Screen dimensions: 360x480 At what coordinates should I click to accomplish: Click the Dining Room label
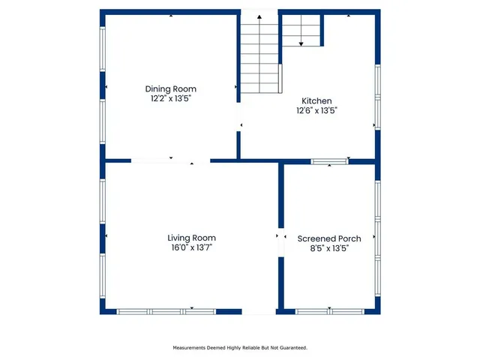pyautogui.click(x=170, y=88)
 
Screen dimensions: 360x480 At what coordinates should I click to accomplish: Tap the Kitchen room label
pyautogui.click(x=316, y=101)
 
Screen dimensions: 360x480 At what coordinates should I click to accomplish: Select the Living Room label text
pyautogui.click(x=191, y=238)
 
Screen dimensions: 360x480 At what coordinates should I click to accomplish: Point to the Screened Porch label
pyautogui.click(x=329, y=238)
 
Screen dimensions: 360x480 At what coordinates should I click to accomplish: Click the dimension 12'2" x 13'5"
pyautogui.click(x=170, y=98)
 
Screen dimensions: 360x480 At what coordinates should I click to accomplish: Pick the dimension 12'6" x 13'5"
pyautogui.click(x=316, y=110)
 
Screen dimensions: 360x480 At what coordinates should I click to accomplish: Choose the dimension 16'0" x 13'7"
pyautogui.click(x=191, y=247)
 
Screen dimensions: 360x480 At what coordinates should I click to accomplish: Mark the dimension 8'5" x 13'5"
pyautogui.click(x=329, y=247)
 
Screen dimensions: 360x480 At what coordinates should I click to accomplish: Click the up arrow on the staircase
pyautogui.click(x=259, y=22)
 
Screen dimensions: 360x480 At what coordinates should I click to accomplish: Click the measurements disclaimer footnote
pyautogui.click(x=240, y=348)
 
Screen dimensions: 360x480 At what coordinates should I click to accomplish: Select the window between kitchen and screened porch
pyautogui.click(x=330, y=160)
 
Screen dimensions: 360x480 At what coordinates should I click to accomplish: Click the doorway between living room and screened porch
pyautogui.click(x=281, y=241)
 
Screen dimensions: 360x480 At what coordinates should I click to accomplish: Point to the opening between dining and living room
pyautogui.click(x=171, y=160)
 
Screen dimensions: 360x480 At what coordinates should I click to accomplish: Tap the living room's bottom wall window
pyautogui.click(x=166, y=310)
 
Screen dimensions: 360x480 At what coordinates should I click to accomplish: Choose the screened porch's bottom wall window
pyautogui.click(x=330, y=310)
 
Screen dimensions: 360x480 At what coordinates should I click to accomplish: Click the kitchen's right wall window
pyautogui.click(x=378, y=96)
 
